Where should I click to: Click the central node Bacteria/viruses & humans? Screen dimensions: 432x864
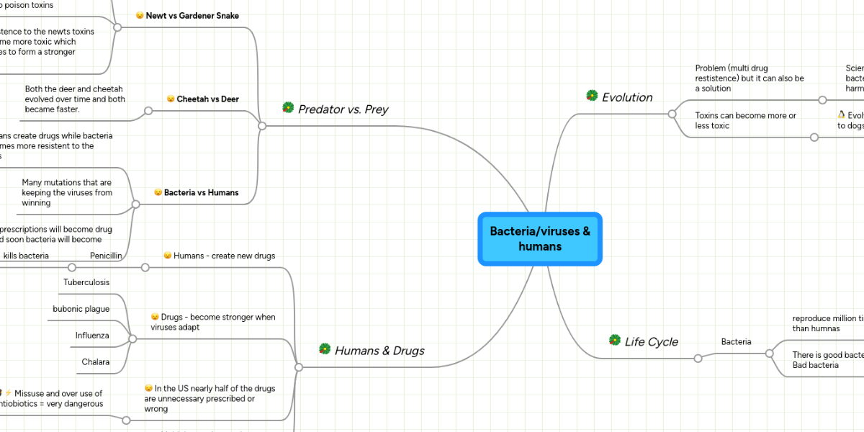540,239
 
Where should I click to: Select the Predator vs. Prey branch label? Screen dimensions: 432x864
343,109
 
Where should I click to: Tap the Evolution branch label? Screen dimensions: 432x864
626,97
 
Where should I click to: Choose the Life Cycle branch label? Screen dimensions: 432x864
651,341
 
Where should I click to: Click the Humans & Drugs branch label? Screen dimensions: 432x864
379,351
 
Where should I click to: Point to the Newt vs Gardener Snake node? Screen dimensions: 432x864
192,16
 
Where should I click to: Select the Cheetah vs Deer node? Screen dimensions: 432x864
207,99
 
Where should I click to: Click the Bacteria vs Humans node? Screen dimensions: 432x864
201,193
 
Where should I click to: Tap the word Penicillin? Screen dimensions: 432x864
106,256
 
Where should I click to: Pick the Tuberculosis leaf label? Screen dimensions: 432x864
86,282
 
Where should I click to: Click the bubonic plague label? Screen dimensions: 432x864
81,309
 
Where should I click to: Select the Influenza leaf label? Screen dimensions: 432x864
92,336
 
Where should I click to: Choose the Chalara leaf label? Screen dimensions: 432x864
95,362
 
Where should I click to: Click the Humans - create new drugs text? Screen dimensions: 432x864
224,256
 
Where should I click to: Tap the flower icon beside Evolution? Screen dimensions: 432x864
592,96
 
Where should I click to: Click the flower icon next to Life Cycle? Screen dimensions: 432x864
615,340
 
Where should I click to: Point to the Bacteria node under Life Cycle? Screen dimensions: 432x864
736,341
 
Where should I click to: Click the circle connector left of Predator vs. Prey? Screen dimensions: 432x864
262,125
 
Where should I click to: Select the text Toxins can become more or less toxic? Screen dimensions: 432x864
745,120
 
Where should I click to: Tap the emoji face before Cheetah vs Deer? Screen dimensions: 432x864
171,99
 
